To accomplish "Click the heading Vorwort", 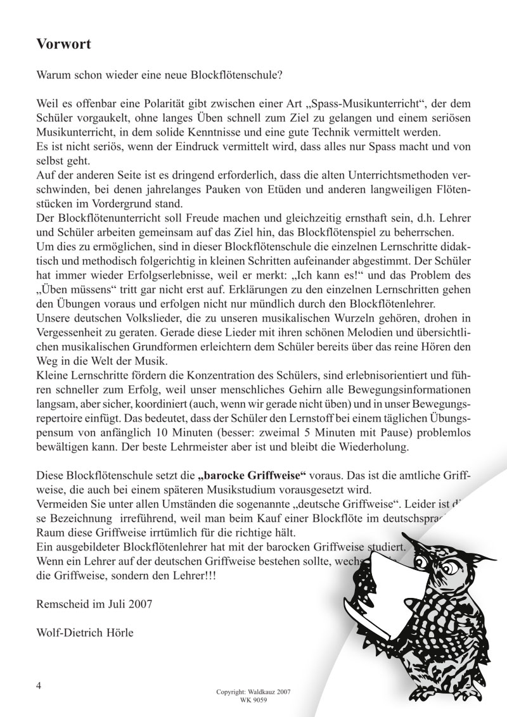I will click(x=63, y=44).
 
